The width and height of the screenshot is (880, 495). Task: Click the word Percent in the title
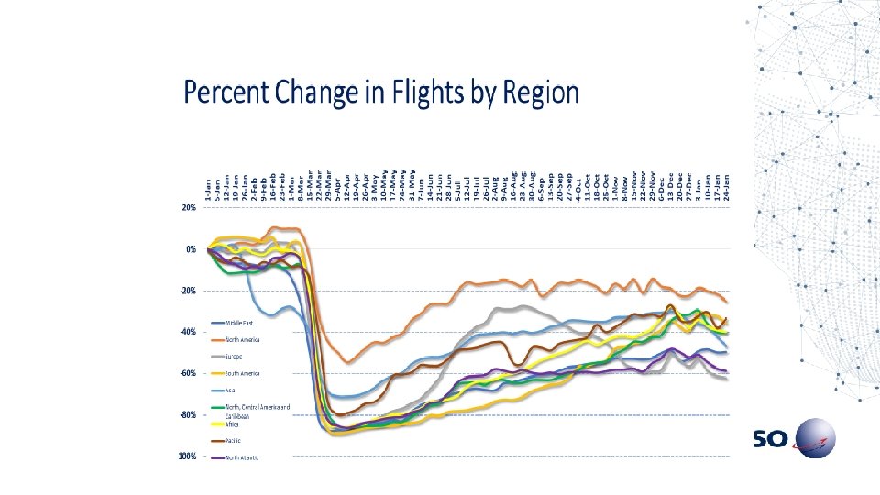pyautogui.click(x=223, y=93)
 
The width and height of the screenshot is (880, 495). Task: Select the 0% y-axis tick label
pyautogui.click(x=189, y=249)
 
